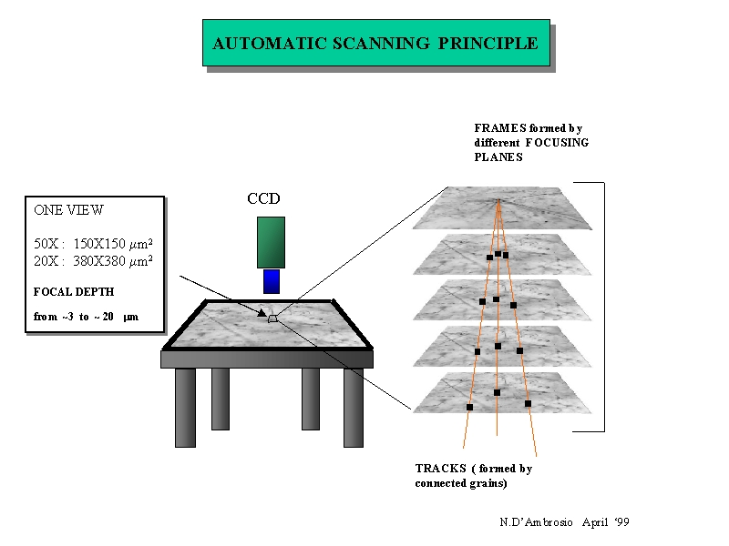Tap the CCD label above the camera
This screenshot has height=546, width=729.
tap(263, 199)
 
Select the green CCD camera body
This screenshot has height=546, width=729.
tap(271, 242)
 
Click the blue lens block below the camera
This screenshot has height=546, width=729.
tap(271, 281)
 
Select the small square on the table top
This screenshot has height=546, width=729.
tap(272, 318)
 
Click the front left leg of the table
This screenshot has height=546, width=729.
tap(185, 407)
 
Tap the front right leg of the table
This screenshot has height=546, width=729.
tap(354, 407)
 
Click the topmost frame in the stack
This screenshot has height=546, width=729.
tap(497, 207)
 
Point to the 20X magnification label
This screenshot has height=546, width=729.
tap(46, 261)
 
